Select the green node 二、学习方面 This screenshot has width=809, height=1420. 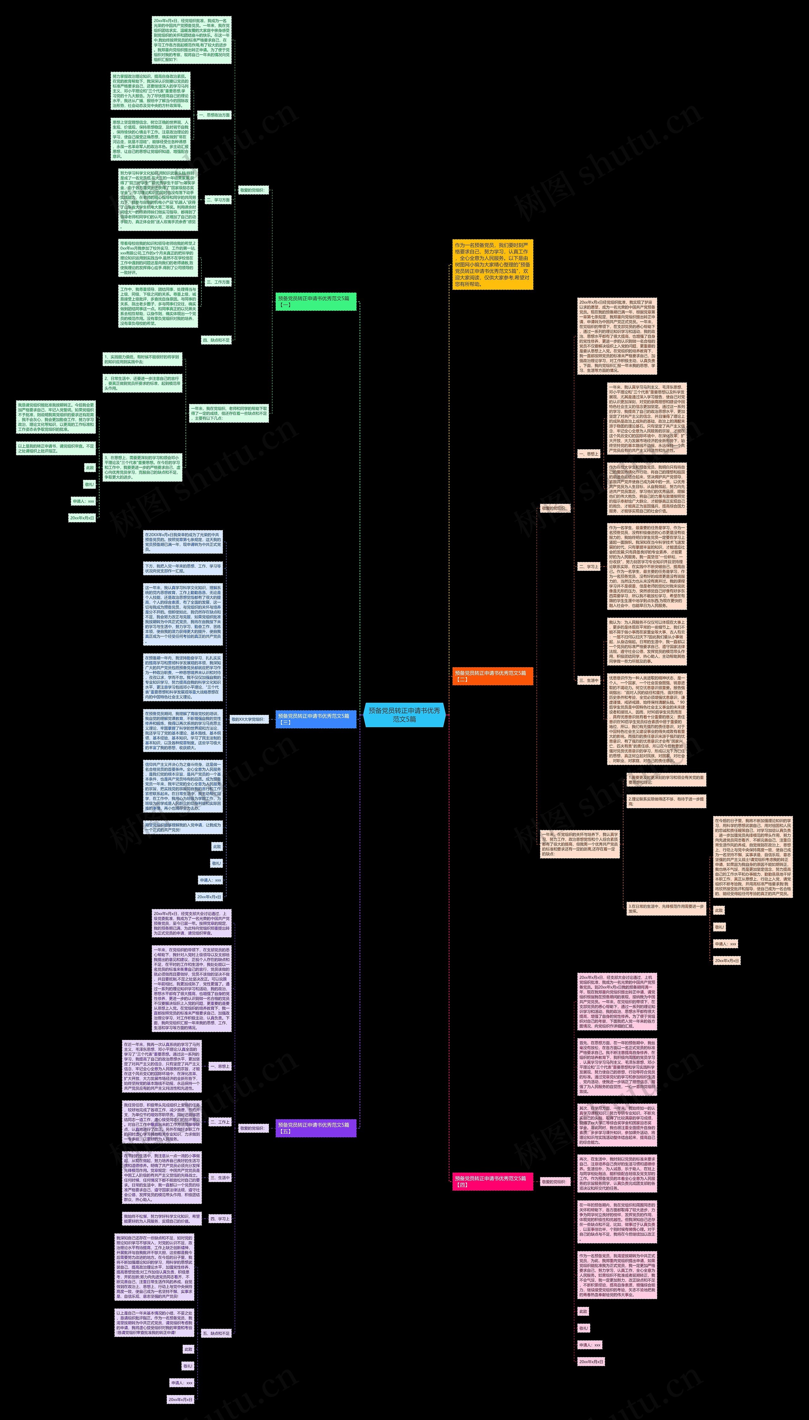coord(218,199)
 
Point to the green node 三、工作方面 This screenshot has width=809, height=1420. coord(218,282)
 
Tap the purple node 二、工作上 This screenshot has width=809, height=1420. coord(220,1122)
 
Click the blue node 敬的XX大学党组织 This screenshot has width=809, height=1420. coord(247,719)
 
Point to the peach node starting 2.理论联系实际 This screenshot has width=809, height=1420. coord(666,801)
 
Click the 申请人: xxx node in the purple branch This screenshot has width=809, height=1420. coord(182,1378)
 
